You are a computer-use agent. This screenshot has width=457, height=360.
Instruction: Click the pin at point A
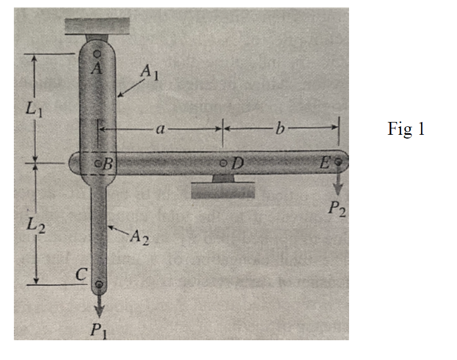(x=97, y=54)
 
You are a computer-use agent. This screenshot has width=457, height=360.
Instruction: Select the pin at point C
(x=98, y=284)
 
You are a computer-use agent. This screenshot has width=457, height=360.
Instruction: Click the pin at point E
(x=338, y=160)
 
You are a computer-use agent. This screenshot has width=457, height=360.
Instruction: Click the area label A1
(x=149, y=72)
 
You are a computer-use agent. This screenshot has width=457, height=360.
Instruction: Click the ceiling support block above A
(x=97, y=25)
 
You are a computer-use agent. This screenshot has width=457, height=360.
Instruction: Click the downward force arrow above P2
(x=338, y=185)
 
